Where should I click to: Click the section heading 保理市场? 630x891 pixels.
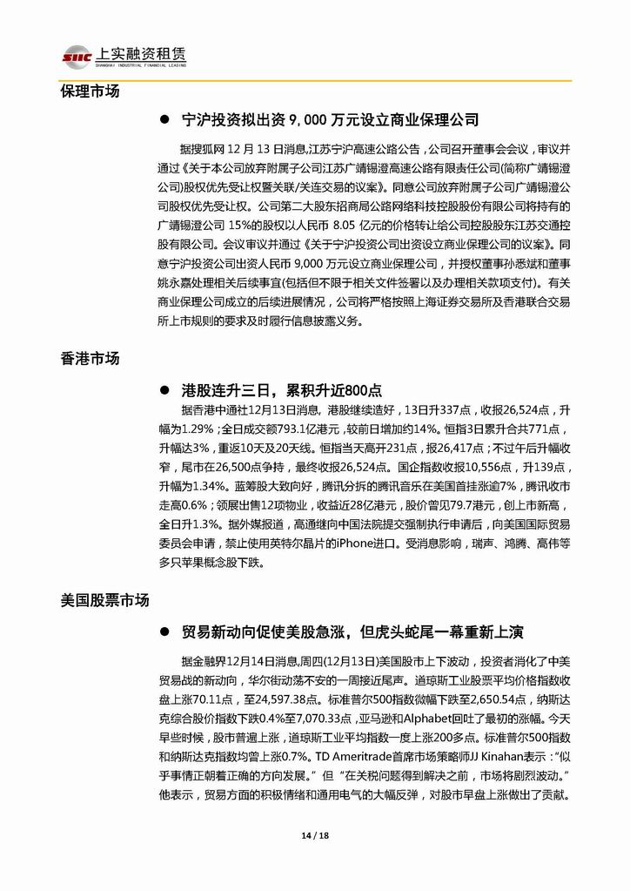point(90,91)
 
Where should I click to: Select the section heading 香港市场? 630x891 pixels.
point(90,358)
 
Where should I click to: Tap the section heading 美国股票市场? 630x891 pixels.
point(105,600)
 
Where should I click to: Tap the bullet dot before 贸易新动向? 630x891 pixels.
point(164,631)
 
